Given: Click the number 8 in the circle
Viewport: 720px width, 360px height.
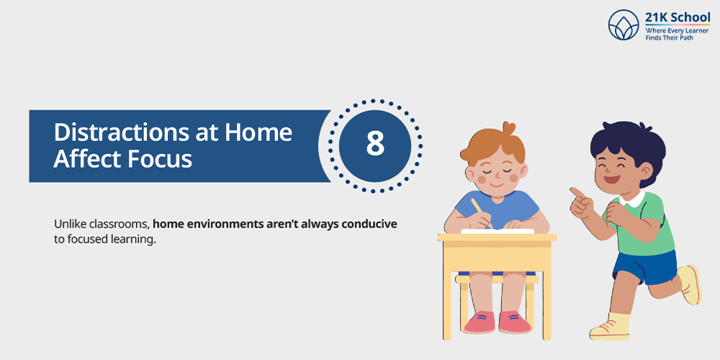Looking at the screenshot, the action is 375,143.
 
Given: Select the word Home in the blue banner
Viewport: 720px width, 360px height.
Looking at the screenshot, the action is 258,133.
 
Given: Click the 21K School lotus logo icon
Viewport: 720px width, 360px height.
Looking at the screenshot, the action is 624,24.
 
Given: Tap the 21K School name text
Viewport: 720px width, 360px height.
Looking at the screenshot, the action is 678,18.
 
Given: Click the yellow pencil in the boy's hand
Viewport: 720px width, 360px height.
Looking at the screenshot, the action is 480,211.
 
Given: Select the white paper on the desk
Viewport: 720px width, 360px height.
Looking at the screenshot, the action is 498,231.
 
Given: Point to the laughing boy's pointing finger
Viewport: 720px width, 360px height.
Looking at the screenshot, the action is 576,193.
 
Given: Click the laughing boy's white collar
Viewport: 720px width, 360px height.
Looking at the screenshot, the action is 634,199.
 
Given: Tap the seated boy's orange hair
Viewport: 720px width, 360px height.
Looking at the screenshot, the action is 493,145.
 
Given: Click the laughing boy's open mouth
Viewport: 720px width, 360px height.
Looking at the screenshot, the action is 611,178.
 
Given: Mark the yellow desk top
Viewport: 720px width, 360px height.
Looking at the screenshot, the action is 497,238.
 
